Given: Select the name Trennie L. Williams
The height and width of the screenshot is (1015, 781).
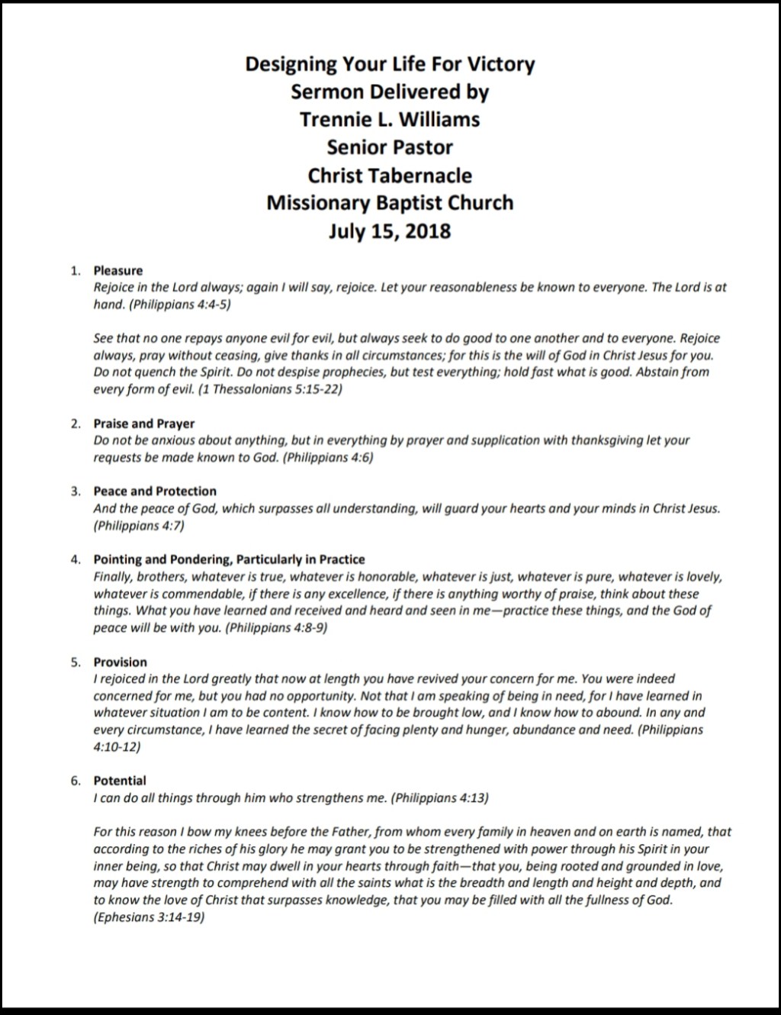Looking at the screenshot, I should coord(390,120).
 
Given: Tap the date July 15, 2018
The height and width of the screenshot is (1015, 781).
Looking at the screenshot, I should coord(390,231).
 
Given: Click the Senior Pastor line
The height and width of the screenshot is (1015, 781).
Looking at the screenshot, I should coord(390,147).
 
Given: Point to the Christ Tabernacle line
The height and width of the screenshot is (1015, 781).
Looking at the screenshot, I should coord(390,176).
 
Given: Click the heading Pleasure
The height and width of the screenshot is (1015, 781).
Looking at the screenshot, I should coord(118,270).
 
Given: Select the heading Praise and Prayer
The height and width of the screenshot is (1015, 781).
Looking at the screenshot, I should coord(144,424).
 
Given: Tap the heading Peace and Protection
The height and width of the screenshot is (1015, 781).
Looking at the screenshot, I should coord(155,491).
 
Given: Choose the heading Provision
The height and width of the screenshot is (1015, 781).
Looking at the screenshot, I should coord(121,662).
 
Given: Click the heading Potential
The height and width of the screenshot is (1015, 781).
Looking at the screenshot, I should coord(120,780).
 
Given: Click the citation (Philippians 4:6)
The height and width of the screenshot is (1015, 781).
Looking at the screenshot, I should coord(329,458).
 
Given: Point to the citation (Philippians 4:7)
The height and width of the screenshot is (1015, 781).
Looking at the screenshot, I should coord(139,526).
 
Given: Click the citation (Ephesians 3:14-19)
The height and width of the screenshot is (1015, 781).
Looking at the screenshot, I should coord(149,917).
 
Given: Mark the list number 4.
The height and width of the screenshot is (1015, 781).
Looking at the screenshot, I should coord(75,559).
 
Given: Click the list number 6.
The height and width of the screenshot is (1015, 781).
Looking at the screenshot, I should coord(75,780).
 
